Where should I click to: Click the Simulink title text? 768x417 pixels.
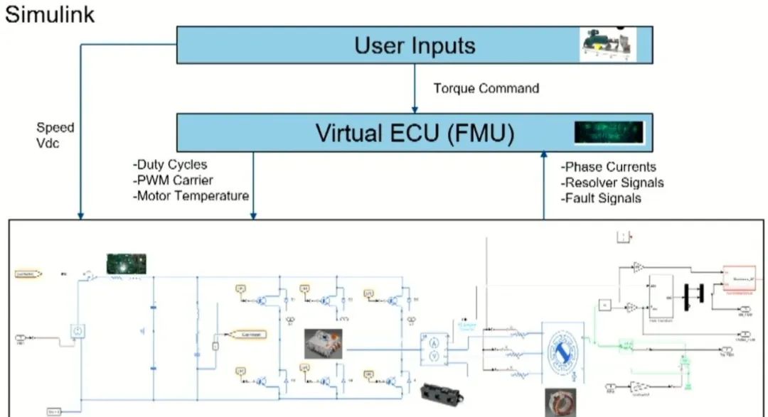click(x=49, y=14)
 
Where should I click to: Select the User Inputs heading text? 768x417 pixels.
click(x=415, y=45)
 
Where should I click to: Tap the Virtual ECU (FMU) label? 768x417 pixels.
click(x=415, y=132)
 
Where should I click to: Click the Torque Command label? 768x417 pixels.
click(x=486, y=89)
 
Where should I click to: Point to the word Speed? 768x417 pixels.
click(x=55, y=128)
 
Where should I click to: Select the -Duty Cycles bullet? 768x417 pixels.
click(x=170, y=165)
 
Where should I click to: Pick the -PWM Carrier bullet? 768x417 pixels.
click(x=173, y=180)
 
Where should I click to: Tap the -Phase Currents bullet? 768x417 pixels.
click(x=608, y=167)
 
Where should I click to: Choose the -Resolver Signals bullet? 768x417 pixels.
click(x=612, y=183)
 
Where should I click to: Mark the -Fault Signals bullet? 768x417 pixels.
click(x=601, y=198)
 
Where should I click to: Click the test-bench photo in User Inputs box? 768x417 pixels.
click(x=607, y=44)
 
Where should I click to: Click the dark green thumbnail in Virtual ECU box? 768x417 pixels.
click(x=609, y=131)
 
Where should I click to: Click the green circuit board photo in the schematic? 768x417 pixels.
click(x=126, y=264)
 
